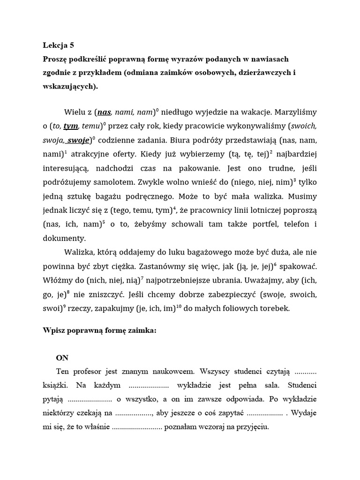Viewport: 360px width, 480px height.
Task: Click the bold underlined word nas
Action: (x=104, y=112)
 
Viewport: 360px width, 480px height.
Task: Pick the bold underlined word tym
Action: (x=70, y=126)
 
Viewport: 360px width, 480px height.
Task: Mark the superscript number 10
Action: (x=179, y=306)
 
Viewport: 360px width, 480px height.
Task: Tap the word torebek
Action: (x=276, y=308)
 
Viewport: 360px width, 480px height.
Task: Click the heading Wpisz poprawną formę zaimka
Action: (x=99, y=330)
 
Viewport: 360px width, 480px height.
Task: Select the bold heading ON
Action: (x=62, y=358)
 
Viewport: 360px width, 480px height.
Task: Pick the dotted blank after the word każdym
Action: (x=149, y=386)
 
